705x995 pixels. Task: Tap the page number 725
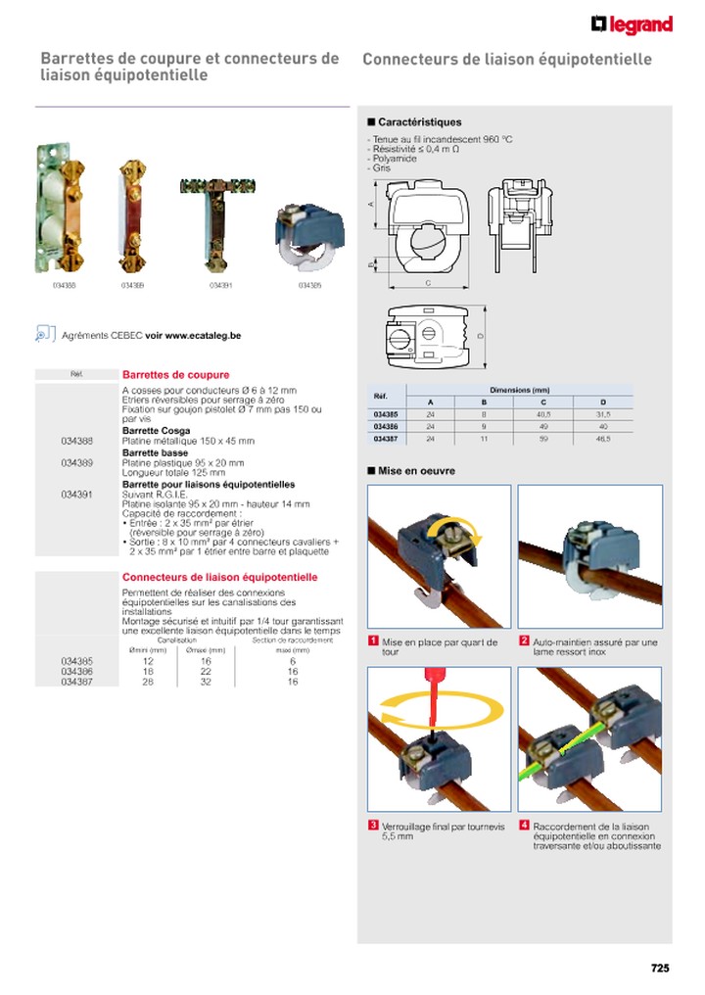click(660, 969)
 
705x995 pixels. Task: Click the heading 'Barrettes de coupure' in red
click(175, 375)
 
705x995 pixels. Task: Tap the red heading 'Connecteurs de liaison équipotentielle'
click(219, 578)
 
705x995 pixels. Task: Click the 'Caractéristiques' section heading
click(419, 122)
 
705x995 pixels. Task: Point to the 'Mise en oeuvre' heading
click(416, 471)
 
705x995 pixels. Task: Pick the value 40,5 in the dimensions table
click(543, 415)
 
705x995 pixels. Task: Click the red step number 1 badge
click(373, 641)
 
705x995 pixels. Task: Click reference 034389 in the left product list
click(76, 462)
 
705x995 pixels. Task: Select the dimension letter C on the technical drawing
click(428, 282)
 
